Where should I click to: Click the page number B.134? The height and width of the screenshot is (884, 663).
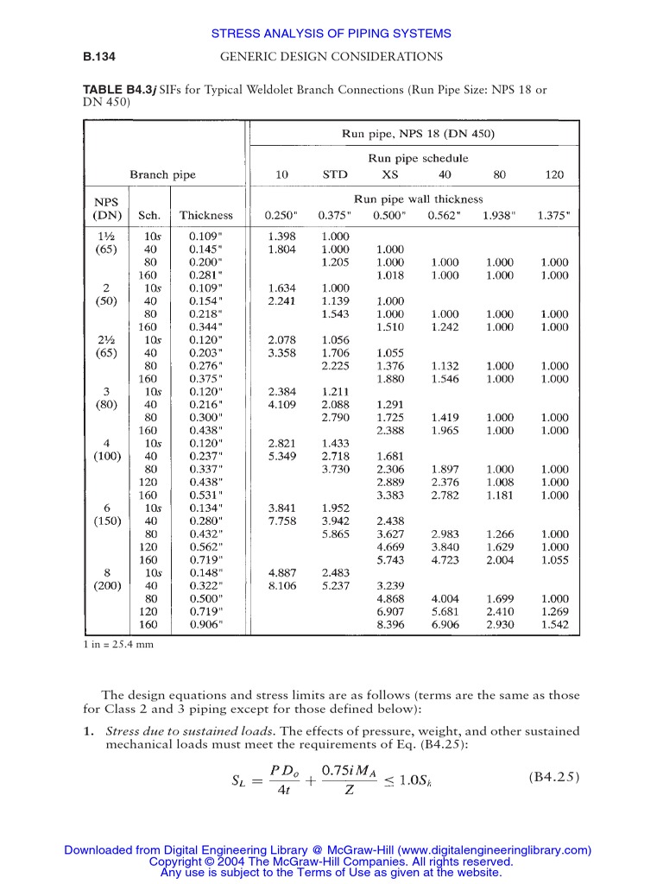coord(99,57)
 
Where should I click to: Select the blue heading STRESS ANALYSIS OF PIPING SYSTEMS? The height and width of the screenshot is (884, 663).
coord(331,34)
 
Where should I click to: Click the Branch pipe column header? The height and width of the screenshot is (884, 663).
coord(162,174)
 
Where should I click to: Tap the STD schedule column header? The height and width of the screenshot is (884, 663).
coord(335,174)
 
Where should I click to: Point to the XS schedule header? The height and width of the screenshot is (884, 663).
coord(390,174)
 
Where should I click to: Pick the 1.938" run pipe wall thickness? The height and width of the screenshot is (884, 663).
coord(499,216)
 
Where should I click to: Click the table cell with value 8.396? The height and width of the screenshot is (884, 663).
coord(390,624)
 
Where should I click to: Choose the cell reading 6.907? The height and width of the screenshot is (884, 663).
coord(390,611)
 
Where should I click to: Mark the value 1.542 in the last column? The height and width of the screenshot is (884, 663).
coord(554,624)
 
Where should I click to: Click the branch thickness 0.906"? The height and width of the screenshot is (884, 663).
coord(206,624)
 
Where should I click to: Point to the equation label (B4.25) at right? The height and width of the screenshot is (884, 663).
coord(554,776)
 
